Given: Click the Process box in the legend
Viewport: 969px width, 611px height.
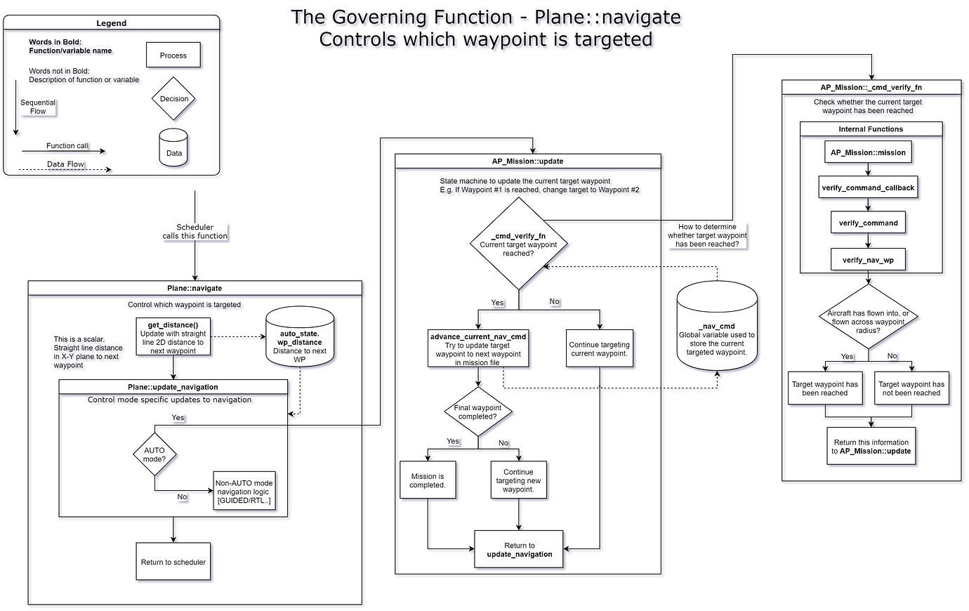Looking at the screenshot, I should pyautogui.click(x=173, y=55).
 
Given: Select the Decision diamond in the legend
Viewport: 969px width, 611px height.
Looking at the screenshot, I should pyautogui.click(x=173, y=99).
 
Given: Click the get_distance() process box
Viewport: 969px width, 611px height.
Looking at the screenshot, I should pyautogui.click(x=173, y=337).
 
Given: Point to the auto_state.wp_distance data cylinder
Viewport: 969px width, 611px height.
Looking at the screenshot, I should pyautogui.click(x=300, y=339).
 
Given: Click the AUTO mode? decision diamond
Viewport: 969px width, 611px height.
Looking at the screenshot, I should pyautogui.click(x=154, y=454).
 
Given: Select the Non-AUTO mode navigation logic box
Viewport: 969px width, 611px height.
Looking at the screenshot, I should pyautogui.click(x=244, y=492).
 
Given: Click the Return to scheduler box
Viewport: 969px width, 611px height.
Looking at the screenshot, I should pyautogui.click(x=173, y=562).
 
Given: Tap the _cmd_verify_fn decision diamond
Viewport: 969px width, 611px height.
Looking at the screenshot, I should pyautogui.click(x=518, y=244).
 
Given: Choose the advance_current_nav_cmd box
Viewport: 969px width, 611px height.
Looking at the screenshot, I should pyautogui.click(x=477, y=349).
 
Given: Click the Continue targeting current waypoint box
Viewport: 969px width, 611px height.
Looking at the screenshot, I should pyautogui.click(x=599, y=349).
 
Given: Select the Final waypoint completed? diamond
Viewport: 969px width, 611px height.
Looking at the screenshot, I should pyautogui.click(x=477, y=412).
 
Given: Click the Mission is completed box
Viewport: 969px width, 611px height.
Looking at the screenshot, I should pyautogui.click(x=427, y=480).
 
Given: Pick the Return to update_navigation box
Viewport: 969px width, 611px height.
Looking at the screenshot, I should pyautogui.click(x=519, y=549).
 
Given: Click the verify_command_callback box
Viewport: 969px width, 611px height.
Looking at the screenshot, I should pyautogui.click(x=868, y=188).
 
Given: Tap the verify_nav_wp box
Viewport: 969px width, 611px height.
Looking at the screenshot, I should pyautogui.click(x=868, y=260).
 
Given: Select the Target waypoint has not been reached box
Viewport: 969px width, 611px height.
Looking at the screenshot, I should pyautogui.click(x=911, y=388).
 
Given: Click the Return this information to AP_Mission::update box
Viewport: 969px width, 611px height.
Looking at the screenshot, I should pyautogui.click(x=871, y=447).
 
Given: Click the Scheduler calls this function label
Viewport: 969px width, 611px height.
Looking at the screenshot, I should pyautogui.click(x=195, y=232).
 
